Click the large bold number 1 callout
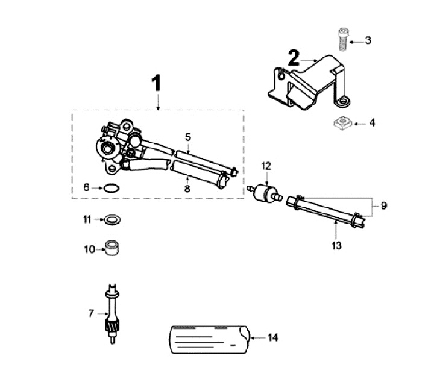point(156,83)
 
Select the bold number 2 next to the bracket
point(294,58)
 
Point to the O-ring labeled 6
point(110,188)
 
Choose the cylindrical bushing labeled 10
point(112,248)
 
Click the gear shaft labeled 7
point(111,314)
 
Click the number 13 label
point(336,246)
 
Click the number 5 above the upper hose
point(188,137)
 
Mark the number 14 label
point(273,338)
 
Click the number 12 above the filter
point(266,165)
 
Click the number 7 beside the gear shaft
point(91,313)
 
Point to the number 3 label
point(368,41)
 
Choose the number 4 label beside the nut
point(372,123)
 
